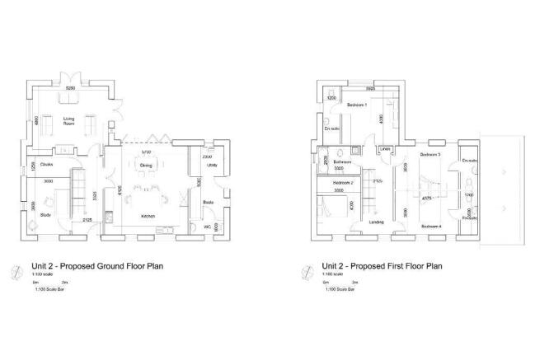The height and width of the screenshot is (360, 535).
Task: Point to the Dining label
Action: pos(146,165)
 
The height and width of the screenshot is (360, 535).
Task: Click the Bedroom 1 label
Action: pos(357,105)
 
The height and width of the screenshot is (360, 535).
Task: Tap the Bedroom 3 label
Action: pos(429,154)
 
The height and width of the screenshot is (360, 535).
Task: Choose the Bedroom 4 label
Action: pos(429,225)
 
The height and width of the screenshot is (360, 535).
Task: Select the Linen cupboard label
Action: pos(384,149)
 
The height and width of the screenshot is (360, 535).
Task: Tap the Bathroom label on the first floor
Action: pos(331,161)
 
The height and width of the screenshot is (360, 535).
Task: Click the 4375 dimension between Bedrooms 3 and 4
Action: pos(428,198)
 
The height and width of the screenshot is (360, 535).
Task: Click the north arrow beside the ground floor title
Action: pos(18,269)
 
